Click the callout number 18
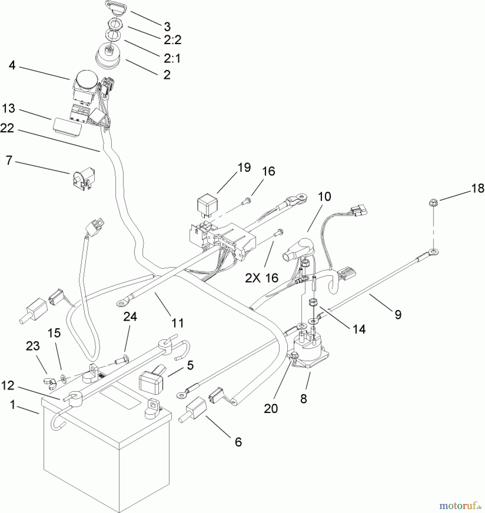click(477, 188)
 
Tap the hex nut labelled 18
click(433, 203)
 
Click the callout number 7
click(9, 160)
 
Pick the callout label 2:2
click(172, 40)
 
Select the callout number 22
click(7, 128)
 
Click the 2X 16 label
click(262, 278)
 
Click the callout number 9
click(398, 315)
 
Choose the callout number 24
click(130, 316)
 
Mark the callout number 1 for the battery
click(12, 405)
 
